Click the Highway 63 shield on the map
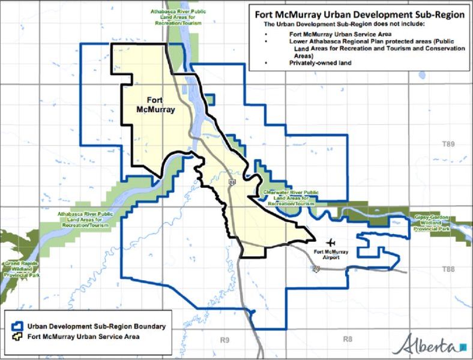coord(232,181)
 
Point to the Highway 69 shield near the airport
coord(316,269)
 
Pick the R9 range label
coord(224,340)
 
